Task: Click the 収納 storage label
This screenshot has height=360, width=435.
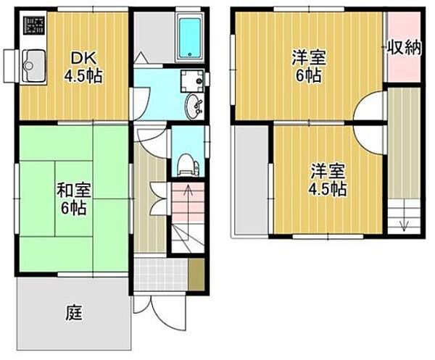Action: tap(403, 49)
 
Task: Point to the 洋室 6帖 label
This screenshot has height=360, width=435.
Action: tap(308, 64)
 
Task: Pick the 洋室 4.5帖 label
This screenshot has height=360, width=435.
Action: tap(328, 180)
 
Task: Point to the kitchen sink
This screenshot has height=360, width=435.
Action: tap(32, 67)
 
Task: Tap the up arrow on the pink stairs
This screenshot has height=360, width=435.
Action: tap(187, 193)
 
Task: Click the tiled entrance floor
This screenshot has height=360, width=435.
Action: tap(161, 275)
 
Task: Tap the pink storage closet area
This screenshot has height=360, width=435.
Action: tap(402, 58)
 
